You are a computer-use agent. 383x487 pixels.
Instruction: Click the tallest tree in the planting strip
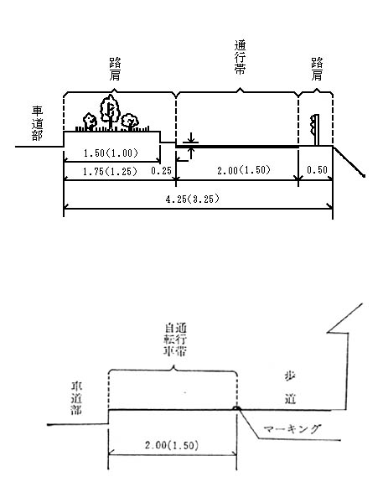(110, 111)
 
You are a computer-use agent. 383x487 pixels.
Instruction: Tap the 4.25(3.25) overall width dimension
(192, 199)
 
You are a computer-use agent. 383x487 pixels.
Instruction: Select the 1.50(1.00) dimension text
(111, 153)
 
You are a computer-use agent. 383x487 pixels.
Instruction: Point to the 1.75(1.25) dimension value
(110, 171)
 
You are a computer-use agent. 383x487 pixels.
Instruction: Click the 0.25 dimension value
(161, 170)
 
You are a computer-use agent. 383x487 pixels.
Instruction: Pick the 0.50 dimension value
(317, 169)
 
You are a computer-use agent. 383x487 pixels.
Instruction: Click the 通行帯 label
(240, 58)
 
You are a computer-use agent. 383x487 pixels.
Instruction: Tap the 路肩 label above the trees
(115, 69)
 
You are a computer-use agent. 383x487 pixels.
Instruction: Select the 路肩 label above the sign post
(317, 69)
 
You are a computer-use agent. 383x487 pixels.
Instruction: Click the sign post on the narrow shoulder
(315, 130)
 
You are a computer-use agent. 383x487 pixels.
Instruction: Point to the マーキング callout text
(292, 428)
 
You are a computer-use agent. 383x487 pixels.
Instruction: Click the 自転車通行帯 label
(175, 339)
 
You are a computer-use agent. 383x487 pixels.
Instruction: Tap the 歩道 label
(291, 387)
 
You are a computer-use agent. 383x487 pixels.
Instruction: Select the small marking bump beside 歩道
(236, 408)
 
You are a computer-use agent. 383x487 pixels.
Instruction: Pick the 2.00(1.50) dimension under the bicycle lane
(172, 445)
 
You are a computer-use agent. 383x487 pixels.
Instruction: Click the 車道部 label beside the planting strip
(37, 123)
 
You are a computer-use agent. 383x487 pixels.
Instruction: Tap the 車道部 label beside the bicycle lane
(76, 398)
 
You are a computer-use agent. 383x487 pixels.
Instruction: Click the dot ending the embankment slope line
(364, 176)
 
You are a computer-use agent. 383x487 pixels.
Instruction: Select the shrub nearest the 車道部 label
(90, 122)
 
